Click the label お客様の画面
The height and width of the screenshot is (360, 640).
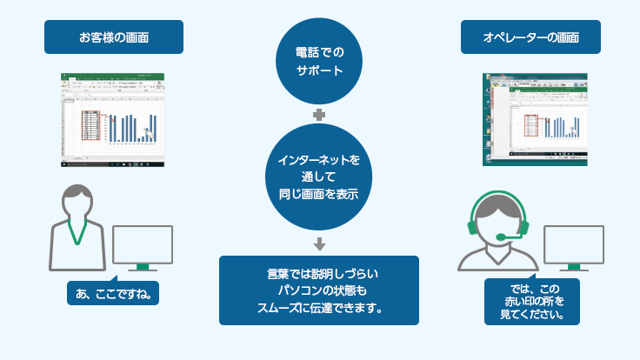113,37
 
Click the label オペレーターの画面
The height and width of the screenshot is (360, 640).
530,37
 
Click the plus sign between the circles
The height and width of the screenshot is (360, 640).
319,114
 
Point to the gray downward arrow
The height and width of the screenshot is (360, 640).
319,243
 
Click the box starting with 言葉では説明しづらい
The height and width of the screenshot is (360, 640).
318,290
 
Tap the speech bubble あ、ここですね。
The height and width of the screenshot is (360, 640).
113,294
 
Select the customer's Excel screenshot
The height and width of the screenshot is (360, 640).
113,120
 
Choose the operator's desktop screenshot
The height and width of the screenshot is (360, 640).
530,120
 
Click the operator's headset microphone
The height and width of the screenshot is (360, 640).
503,237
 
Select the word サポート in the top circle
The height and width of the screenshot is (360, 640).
320,70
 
